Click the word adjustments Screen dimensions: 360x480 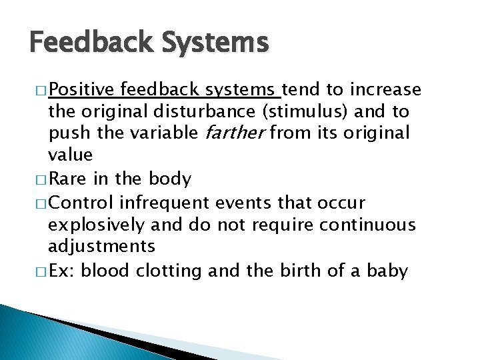101,247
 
